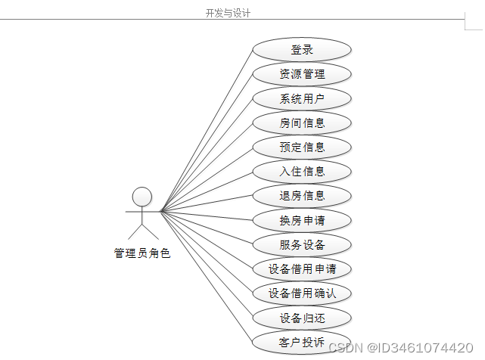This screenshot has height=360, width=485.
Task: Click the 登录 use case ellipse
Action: pyautogui.click(x=302, y=50)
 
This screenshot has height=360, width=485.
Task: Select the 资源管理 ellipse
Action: pyautogui.click(x=302, y=74)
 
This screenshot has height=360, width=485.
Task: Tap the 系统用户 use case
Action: pyautogui.click(x=302, y=98)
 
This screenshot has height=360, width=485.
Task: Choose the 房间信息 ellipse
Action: pyautogui.click(x=302, y=123)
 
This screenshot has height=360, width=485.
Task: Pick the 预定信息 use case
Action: pyautogui.click(x=302, y=147)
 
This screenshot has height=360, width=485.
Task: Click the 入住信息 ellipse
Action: pyautogui.click(x=302, y=171)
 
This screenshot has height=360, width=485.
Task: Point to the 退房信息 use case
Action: pyautogui.click(x=302, y=195)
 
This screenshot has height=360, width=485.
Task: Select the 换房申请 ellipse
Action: pyautogui.click(x=302, y=220)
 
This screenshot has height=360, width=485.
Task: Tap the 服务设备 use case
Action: pyautogui.click(x=302, y=244)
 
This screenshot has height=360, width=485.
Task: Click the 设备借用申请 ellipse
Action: pyautogui.click(x=302, y=268)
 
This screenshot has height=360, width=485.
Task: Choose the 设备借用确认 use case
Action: pyautogui.click(x=302, y=293)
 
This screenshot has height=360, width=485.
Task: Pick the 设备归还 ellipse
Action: pyautogui.click(x=302, y=318)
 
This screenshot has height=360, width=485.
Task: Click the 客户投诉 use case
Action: pyautogui.click(x=302, y=342)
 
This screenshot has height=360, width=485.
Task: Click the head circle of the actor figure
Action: pyautogui.click(x=142, y=197)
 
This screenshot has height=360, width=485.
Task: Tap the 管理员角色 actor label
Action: pyautogui.click(x=142, y=253)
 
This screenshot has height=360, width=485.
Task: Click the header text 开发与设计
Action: pyautogui.click(x=228, y=13)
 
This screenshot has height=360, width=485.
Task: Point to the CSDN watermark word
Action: pyautogui.click(x=347, y=348)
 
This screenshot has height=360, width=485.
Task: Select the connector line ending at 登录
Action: pyautogui.click(x=206, y=129)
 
